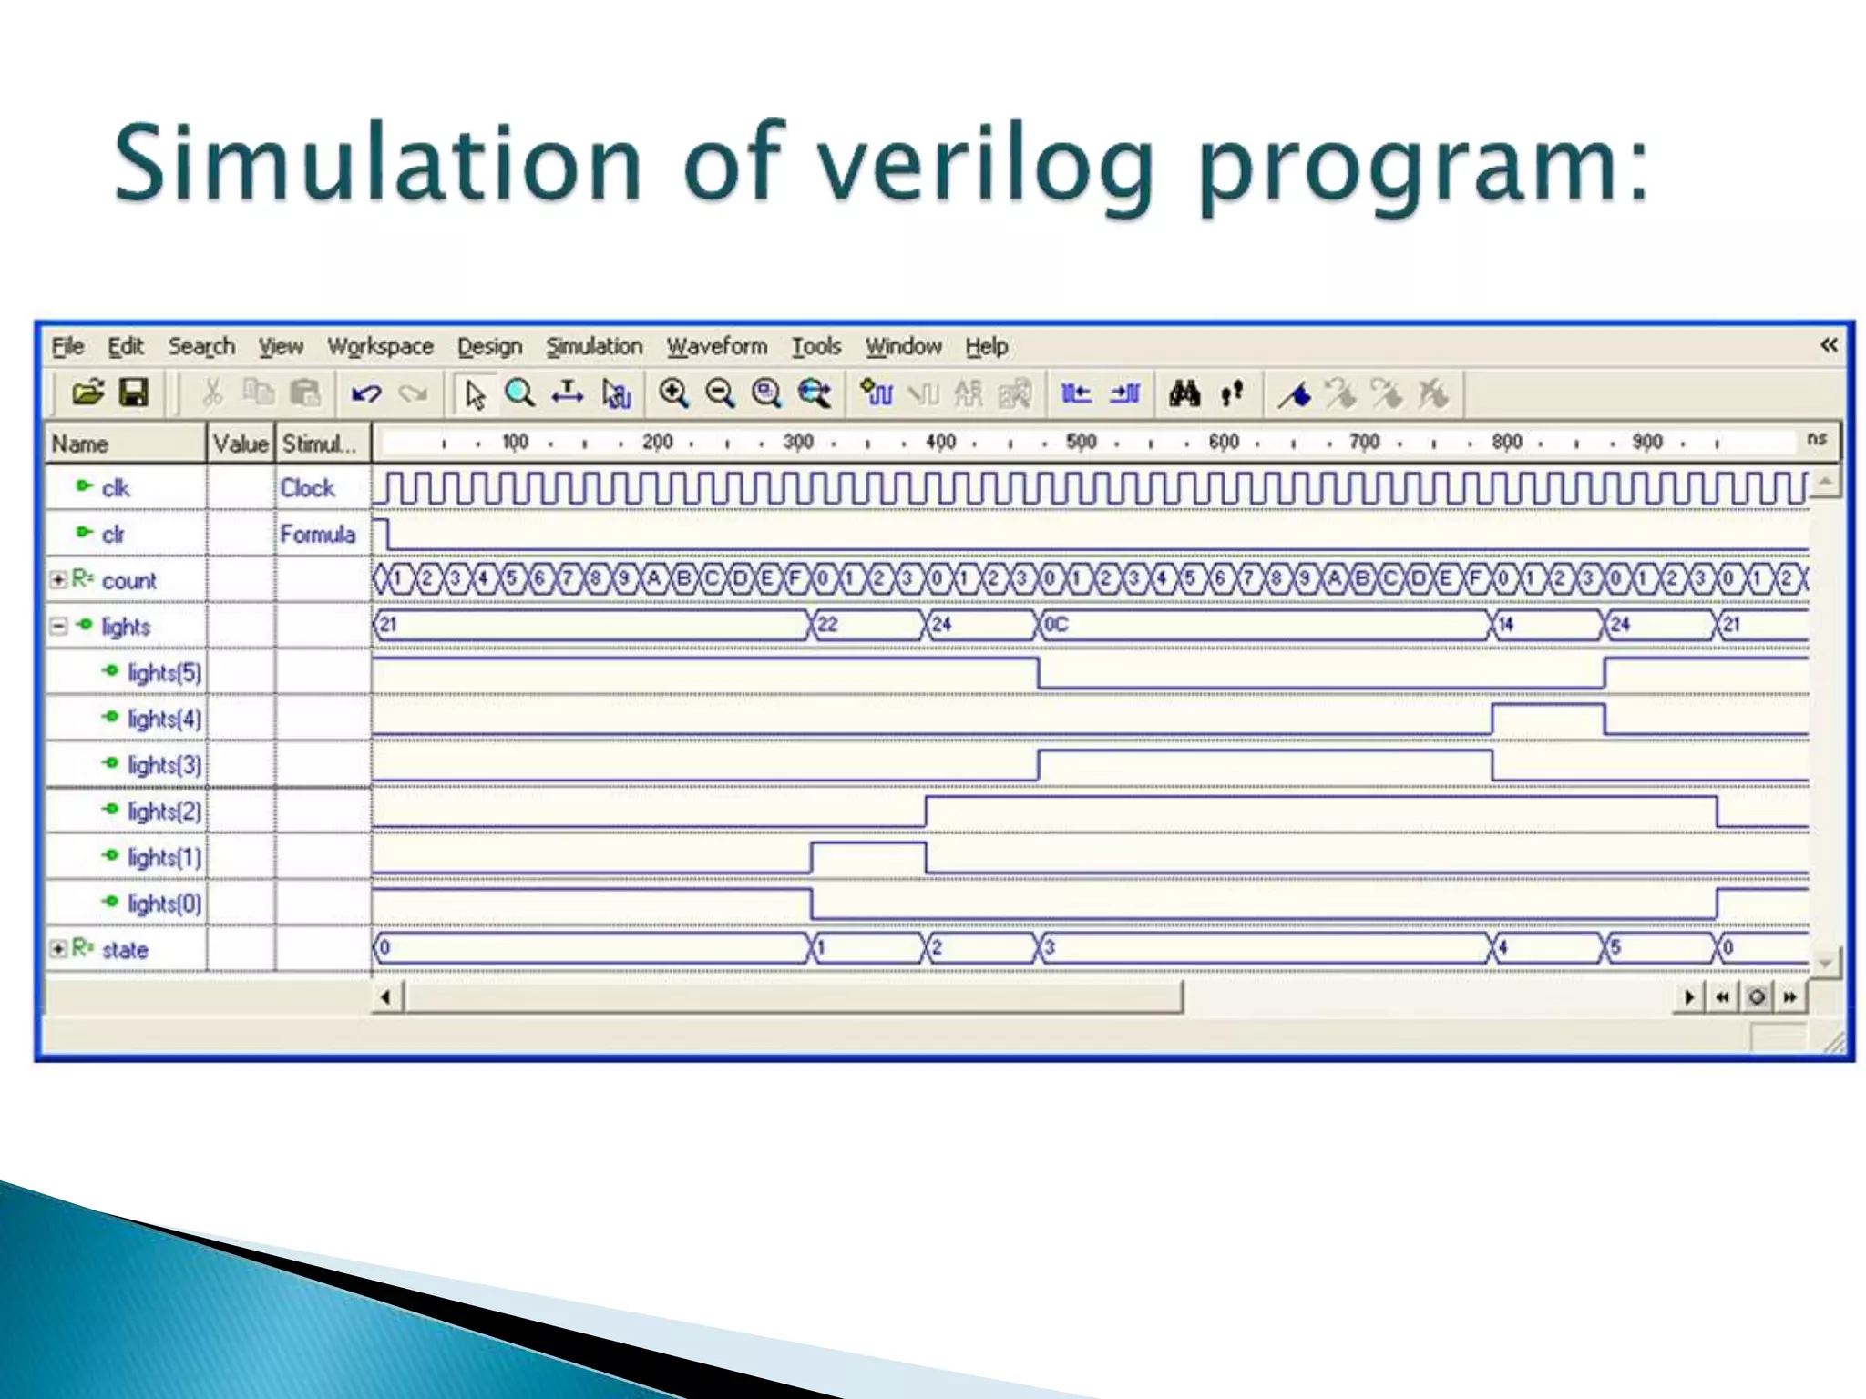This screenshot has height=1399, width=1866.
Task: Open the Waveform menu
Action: (716, 346)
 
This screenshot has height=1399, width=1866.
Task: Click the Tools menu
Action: (815, 346)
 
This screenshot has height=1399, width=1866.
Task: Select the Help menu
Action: (986, 346)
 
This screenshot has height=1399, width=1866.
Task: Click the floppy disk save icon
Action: (134, 393)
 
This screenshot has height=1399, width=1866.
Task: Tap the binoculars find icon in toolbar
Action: (1184, 393)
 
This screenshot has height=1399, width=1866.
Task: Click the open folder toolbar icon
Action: (87, 393)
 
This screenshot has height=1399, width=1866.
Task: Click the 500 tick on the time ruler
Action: (1081, 442)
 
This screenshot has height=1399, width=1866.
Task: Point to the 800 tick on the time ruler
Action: (1505, 442)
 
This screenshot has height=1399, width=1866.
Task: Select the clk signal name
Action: (116, 488)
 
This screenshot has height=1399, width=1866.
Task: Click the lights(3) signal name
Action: (164, 765)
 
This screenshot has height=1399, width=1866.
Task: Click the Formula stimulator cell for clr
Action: (317, 534)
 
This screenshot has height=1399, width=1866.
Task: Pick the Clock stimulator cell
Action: (308, 488)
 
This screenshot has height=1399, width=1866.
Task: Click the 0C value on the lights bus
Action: (1056, 625)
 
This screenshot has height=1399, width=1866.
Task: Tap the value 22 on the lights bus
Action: (827, 625)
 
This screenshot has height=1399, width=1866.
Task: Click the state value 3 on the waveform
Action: (1050, 948)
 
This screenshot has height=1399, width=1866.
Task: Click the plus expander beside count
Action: (58, 579)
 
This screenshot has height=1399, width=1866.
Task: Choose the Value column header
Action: (241, 444)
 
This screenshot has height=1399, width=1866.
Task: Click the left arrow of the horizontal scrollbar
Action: (386, 997)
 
